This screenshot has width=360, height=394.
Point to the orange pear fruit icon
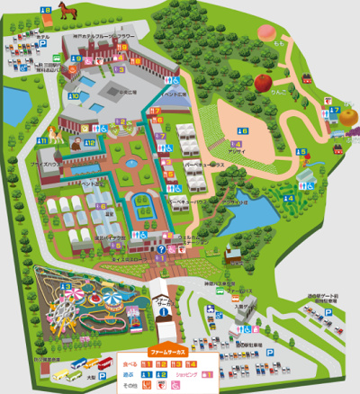[x=346, y=115]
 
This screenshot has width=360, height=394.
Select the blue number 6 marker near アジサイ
[x=242, y=131]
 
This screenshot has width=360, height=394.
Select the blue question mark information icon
[x=160, y=250]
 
